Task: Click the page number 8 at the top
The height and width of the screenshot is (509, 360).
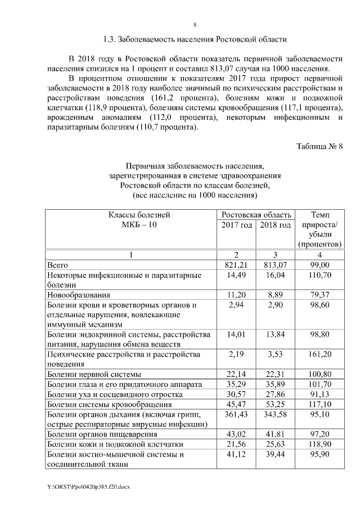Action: [x=195, y=25]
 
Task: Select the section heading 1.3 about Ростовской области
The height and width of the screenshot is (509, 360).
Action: [x=195, y=39]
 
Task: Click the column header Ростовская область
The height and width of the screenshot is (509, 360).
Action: [x=256, y=214]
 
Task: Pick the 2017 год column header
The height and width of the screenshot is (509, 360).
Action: [x=237, y=225]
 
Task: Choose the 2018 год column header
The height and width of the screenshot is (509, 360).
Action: [x=276, y=225]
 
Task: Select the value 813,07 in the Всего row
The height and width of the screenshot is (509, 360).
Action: [x=276, y=264]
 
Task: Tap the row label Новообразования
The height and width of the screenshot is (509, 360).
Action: [x=79, y=294]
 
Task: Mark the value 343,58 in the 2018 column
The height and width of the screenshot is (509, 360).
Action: [x=276, y=415]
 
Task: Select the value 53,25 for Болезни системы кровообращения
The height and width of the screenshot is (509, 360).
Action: [x=276, y=404]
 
